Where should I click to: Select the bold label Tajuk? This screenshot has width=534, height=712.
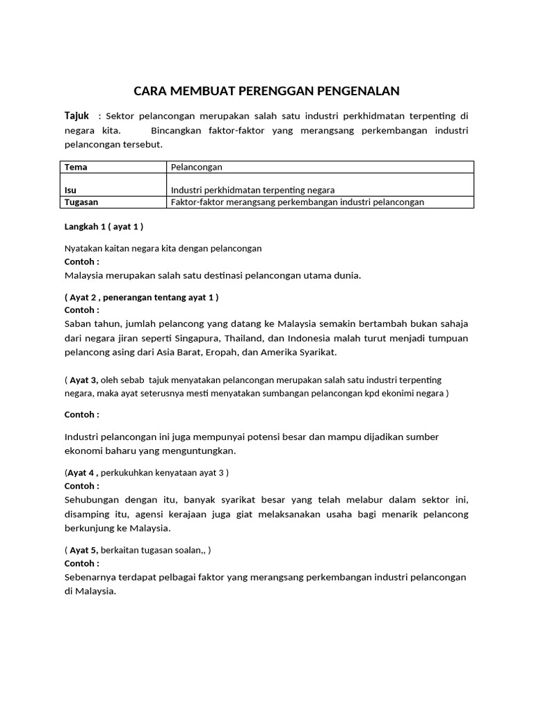(x=76, y=115)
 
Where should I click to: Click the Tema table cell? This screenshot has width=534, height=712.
(x=76, y=168)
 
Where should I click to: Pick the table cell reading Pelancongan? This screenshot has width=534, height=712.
(x=197, y=168)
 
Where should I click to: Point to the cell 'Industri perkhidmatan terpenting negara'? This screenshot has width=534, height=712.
(x=252, y=190)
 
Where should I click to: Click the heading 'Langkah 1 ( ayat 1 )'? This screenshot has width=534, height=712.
(x=104, y=227)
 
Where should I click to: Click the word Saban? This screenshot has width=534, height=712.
(x=78, y=324)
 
